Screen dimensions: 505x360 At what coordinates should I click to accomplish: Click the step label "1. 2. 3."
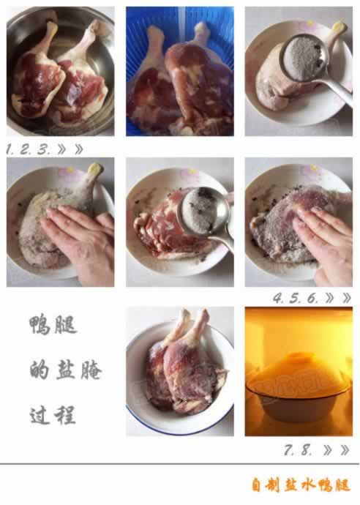(28, 149)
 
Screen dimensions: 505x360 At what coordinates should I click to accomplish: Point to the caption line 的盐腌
(64, 370)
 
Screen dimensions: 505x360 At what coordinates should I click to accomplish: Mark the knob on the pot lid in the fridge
(300, 359)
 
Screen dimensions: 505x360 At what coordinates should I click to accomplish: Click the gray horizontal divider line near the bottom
(180, 464)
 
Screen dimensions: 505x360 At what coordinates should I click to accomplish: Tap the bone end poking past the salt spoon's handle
(337, 29)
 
